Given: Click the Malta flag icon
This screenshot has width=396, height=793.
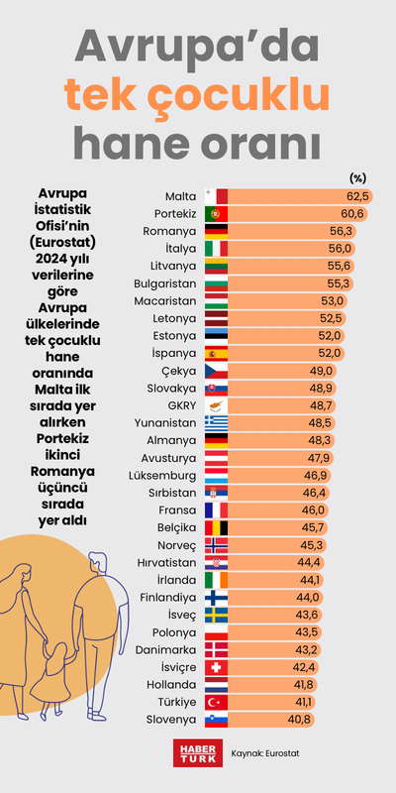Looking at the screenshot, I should click(216, 196).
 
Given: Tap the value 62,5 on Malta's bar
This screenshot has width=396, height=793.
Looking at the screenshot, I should click(357, 196).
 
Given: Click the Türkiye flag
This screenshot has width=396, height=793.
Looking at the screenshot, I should click(216, 702).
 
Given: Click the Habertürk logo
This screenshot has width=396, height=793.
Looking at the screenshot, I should click(195, 752).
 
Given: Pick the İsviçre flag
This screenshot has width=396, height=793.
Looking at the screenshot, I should click(216, 667).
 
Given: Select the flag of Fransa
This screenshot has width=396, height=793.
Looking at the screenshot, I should click(216, 510).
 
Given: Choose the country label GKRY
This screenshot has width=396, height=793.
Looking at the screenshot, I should click(180, 405).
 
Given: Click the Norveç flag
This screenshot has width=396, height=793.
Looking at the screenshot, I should click(216, 544).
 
